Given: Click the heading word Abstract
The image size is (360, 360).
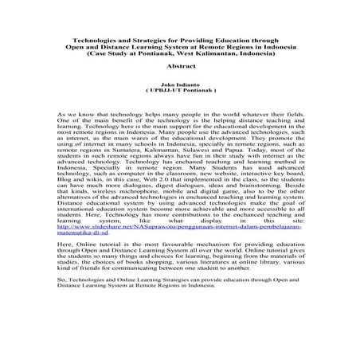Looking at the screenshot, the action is (180, 67).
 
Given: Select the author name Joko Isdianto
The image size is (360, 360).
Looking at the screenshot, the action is (180, 84).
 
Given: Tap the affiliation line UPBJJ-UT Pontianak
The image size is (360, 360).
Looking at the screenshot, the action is (181, 92).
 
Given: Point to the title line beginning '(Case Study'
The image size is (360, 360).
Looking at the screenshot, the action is (179, 52).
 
